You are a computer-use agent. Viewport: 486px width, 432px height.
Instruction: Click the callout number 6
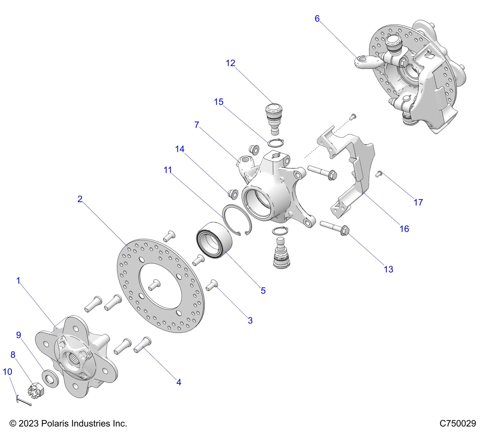pos(317,19)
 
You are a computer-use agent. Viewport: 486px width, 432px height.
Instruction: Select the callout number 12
pos(230,63)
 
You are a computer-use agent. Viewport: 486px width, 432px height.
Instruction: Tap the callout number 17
pos(418,202)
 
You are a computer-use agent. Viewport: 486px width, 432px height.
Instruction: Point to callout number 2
pos(80,199)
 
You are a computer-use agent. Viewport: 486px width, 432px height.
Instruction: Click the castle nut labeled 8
pos(36,389)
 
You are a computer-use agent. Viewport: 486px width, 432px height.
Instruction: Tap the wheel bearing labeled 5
pos(214,240)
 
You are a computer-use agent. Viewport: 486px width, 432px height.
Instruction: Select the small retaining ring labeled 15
pos(276,143)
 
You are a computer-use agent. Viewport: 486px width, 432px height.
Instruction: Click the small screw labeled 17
pos(379,174)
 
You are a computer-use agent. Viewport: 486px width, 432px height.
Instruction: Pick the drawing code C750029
pos(458,423)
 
